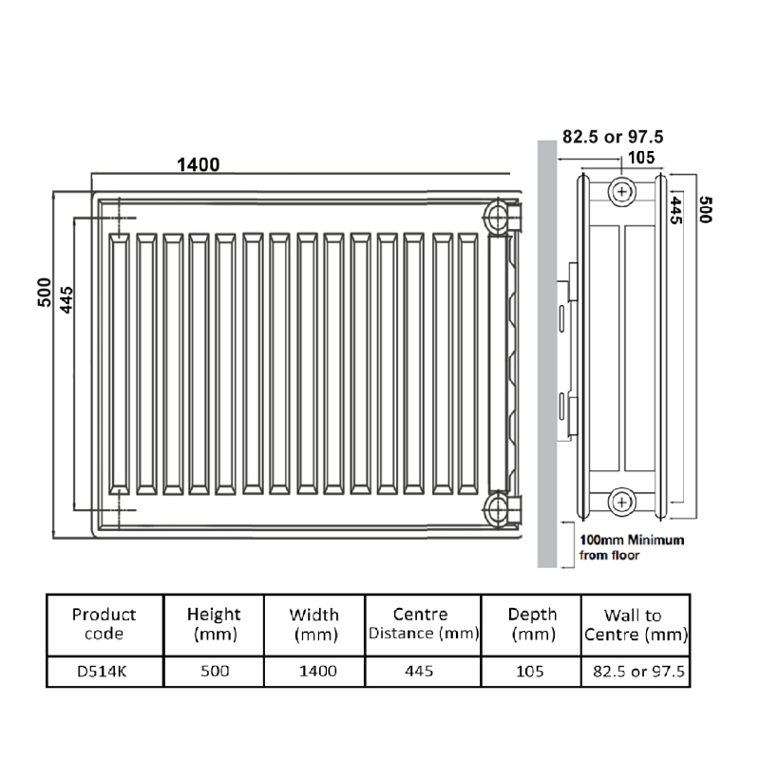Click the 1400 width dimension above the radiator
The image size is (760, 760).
click(198, 164)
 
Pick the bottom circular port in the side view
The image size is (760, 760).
click(621, 498)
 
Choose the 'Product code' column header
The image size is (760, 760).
click(104, 624)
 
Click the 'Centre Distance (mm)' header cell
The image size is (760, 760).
click(423, 624)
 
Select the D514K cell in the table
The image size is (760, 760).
click(104, 671)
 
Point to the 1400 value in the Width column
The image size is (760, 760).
click(317, 671)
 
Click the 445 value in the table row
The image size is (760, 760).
click(418, 671)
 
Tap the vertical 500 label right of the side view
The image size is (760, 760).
click(705, 209)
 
